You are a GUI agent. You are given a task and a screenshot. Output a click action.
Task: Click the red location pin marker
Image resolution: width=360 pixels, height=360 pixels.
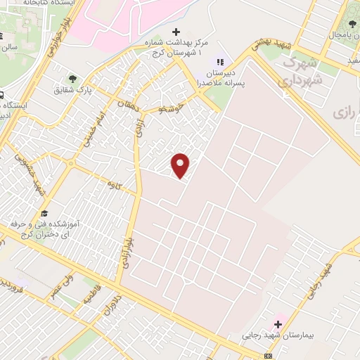[x=181, y=165]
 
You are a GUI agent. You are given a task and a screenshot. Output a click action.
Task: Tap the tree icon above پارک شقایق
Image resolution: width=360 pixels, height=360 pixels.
[x=72, y=78]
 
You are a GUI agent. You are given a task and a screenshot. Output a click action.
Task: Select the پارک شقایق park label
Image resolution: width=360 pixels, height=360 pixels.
[x=74, y=91]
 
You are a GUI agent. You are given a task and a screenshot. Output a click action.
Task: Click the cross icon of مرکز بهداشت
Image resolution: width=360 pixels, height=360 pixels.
[x=176, y=32]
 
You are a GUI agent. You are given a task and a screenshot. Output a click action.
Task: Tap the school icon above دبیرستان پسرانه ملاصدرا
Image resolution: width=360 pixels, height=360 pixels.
[x=219, y=61]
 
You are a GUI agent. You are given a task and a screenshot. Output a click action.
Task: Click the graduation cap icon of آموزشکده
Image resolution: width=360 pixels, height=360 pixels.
[x=44, y=213]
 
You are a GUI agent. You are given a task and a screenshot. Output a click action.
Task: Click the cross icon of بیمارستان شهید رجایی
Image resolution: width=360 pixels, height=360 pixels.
[x=278, y=324]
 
